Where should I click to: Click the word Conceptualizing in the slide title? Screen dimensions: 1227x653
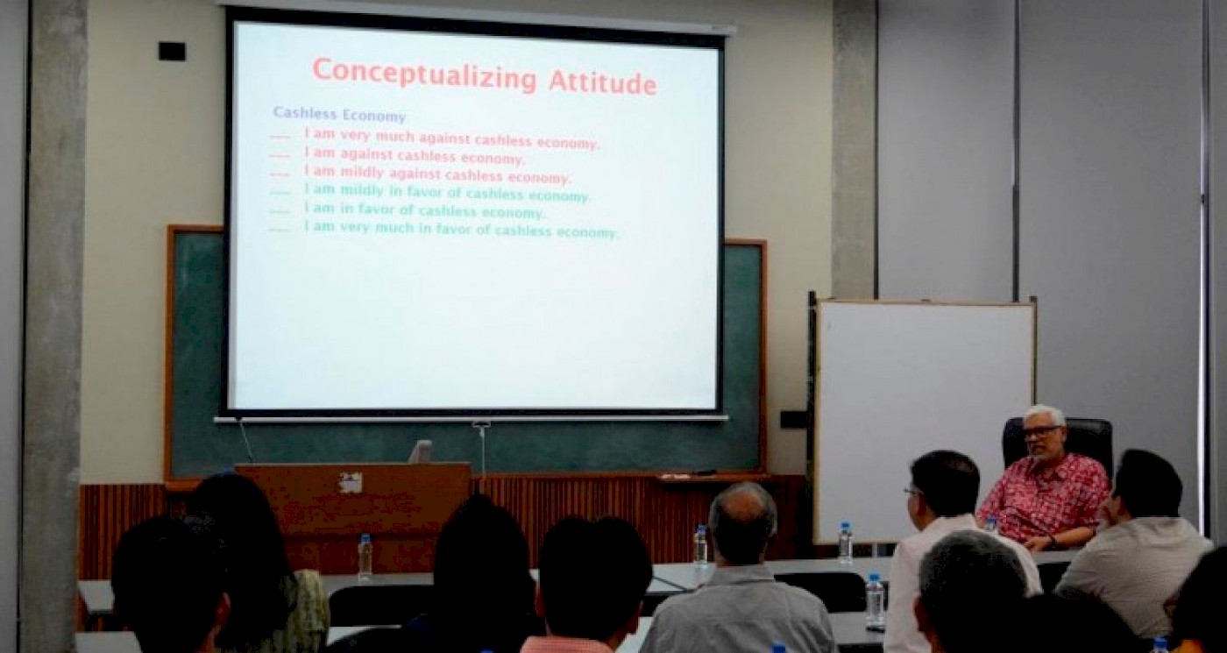coord(424,75)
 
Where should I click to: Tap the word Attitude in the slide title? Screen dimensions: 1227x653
coord(603,82)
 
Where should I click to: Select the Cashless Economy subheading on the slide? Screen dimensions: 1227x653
coord(339,115)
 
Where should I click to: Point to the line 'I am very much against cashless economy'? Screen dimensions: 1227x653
coord(451,138)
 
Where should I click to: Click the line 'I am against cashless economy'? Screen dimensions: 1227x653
coord(414,156)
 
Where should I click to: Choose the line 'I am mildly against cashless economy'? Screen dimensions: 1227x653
coord(437,174)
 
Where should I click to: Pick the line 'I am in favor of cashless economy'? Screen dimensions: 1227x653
coord(424,209)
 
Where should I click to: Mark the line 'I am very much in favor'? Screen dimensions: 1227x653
coord(460,229)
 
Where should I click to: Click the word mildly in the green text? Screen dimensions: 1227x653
coord(362,191)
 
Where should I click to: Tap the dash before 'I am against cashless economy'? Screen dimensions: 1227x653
coord(280,156)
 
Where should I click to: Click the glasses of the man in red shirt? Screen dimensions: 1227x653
coord(1039,431)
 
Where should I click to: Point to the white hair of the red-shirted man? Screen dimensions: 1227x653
coord(1044,415)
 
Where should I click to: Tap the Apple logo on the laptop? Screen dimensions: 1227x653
coord(351,483)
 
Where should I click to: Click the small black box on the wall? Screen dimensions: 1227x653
coord(172,51)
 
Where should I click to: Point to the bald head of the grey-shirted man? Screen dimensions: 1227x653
coord(743,512)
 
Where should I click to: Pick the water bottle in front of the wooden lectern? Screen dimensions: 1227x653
coord(365,557)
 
